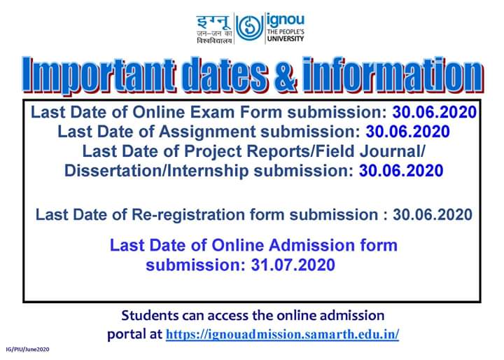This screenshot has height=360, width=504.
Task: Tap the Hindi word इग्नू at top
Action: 213,22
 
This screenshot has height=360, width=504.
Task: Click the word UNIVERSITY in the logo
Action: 286,39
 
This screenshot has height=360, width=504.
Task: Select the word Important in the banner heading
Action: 99,75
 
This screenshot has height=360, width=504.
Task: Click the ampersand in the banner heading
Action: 285,75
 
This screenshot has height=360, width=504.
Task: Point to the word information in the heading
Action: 393,75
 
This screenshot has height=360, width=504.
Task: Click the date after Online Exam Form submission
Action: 434,112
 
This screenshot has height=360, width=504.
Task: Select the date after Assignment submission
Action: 407,132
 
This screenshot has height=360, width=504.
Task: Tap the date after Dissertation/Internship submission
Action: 401,170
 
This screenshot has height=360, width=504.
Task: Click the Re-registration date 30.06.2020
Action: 433,214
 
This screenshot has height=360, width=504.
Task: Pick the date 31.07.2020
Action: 293,265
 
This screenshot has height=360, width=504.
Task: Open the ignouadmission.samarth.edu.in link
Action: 282,334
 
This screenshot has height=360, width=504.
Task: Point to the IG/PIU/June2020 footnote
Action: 27,349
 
